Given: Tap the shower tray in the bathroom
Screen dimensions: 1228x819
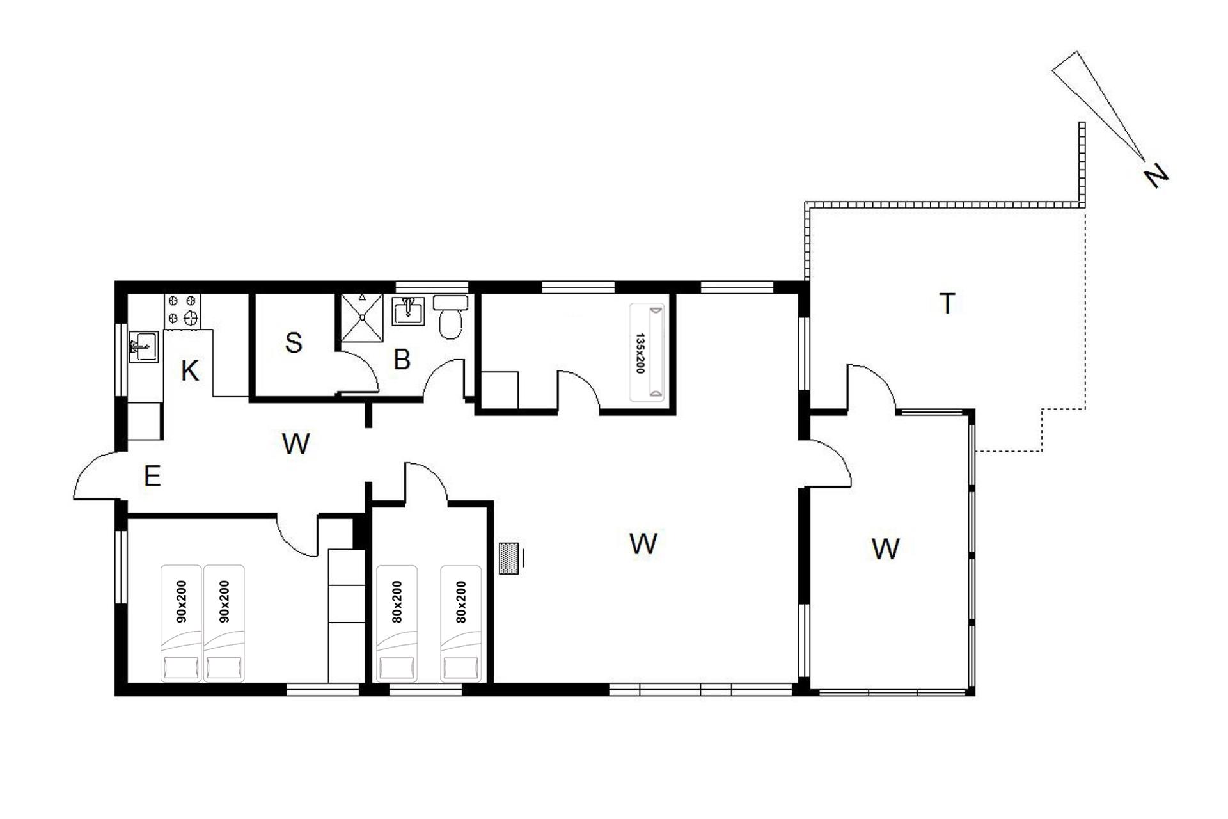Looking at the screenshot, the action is (x=361, y=317).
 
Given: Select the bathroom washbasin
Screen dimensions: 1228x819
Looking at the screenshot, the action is (x=408, y=311).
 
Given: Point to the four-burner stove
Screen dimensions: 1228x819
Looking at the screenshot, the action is (x=182, y=310).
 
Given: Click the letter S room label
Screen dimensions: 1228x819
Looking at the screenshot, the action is (x=294, y=343).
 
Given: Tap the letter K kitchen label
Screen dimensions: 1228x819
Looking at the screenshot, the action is (x=189, y=371).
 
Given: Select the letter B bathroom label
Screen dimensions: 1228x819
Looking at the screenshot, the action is (x=402, y=360).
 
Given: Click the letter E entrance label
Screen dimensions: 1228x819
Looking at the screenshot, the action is (x=152, y=476).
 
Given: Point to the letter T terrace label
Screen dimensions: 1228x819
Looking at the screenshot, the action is (x=947, y=303).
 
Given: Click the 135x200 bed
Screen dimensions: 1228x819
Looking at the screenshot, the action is (x=647, y=353).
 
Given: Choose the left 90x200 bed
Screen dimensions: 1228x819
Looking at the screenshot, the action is (x=181, y=623).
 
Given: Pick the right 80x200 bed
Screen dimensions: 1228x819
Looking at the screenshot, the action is (x=460, y=623).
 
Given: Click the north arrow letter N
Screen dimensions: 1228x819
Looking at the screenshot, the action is (x=1156, y=176).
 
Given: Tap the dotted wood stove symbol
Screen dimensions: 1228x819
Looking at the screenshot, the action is (x=509, y=558).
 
